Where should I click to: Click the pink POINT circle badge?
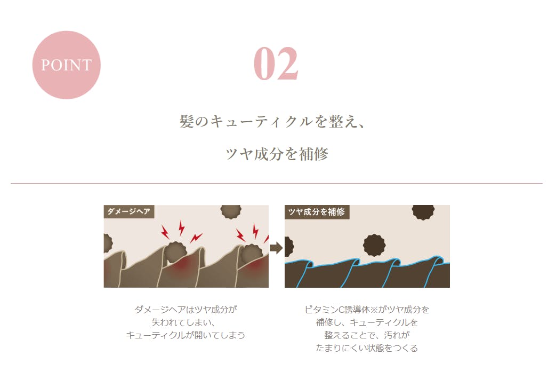click(x=66, y=65)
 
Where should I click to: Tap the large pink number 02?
click(x=276, y=64)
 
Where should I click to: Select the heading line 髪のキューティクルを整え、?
click(x=272, y=121)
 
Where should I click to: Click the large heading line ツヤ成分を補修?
click(x=277, y=154)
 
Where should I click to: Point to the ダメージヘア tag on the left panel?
click(x=129, y=211)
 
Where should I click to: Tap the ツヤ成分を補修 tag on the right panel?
click(x=317, y=212)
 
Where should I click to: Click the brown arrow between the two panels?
click(x=276, y=248)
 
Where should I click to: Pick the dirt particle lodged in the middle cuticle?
click(x=175, y=252)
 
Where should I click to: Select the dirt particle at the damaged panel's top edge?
click(x=231, y=211)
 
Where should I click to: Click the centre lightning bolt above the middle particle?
click(x=182, y=227)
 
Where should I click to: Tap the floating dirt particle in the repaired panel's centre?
click(x=374, y=245)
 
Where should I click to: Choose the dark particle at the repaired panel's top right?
click(x=423, y=212)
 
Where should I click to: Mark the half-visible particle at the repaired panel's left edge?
click(x=289, y=247)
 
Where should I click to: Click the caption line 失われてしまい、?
click(x=184, y=322)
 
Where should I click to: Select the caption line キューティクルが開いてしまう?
click(x=186, y=335)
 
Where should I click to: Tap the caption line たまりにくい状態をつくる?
click(x=367, y=348)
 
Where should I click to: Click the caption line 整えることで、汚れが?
click(x=367, y=335)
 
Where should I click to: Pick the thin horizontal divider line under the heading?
click(x=277, y=183)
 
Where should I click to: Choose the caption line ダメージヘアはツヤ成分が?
click(x=186, y=310)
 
